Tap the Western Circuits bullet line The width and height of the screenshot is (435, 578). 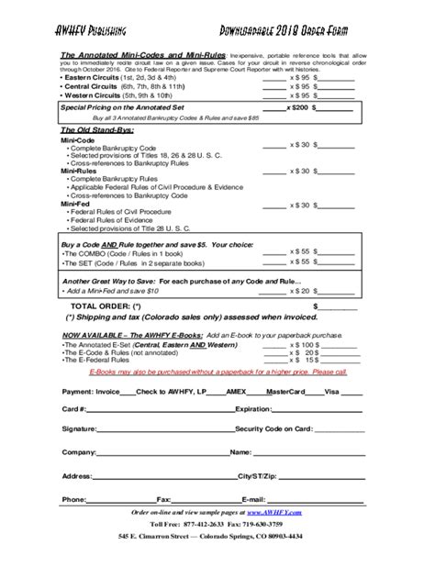coord(121,96)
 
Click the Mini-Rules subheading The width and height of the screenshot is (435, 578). coord(80,171)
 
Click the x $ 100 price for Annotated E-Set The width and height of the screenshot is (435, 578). coord(304,345)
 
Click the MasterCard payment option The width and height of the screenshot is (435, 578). coord(284,390)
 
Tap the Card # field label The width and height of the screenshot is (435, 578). coord(74,409)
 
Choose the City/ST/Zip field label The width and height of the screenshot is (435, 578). coord(258,476)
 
